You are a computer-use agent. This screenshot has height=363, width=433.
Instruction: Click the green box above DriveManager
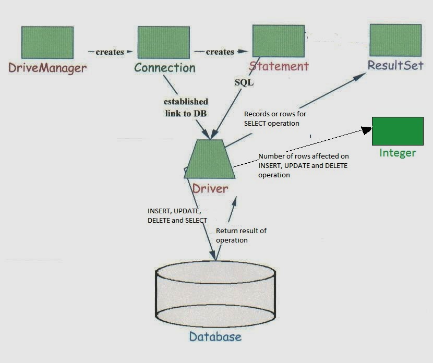[47, 43]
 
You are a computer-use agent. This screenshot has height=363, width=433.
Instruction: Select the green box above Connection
[163, 43]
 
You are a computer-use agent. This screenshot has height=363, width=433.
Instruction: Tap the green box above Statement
[279, 41]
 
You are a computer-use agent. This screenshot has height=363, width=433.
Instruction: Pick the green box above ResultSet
[395, 41]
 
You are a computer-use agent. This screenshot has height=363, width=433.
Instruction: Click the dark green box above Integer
[398, 131]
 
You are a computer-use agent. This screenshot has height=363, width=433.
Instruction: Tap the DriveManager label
[47, 68]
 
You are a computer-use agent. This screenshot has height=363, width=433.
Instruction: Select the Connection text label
[165, 68]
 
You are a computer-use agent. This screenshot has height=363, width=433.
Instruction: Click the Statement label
[279, 66]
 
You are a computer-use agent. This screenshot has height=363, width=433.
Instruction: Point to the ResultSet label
[395, 66]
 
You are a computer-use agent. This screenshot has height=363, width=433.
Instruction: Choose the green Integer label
[398, 153]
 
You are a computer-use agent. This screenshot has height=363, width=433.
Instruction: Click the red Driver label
[210, 188]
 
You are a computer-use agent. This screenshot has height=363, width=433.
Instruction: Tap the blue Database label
[215, 336]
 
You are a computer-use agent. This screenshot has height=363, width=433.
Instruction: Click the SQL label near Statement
[244, 82]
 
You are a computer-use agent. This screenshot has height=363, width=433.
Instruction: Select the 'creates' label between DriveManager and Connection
[110, 52]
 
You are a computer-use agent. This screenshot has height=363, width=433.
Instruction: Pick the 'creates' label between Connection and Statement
[220, 52]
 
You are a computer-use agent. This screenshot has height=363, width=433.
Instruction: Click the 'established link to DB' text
[186, 107]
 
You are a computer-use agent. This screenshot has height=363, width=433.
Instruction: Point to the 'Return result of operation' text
[241, 235]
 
